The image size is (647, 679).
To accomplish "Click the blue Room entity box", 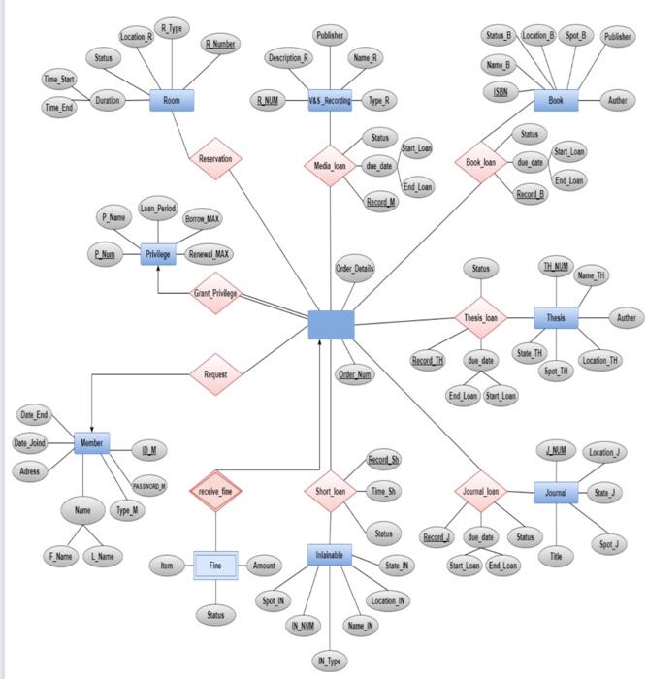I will point(172,100).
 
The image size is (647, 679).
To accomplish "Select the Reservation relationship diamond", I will point(215,158).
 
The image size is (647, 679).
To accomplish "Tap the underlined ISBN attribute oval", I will point(500,91).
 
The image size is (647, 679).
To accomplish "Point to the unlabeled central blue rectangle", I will point(331,325).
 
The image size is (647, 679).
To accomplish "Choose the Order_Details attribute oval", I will point(354,268).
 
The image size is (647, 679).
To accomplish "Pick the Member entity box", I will point(91,443).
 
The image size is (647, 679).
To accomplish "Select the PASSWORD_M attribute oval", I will point(149,486).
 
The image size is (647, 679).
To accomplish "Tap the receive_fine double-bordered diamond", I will point(214,492).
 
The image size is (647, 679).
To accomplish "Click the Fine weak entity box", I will point(215,565).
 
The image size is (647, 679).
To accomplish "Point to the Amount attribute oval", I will point(265,565).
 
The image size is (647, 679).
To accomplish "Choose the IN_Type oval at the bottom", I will point(329,661).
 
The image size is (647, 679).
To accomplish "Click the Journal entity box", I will point(555,493).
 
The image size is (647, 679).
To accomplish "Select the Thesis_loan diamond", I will point(480,317).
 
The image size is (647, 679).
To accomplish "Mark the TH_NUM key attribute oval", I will point(556,267).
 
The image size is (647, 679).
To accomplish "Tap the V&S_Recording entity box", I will point(330,100).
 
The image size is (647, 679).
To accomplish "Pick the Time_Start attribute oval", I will point(59,78).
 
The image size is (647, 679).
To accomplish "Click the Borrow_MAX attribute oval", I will point(202,219).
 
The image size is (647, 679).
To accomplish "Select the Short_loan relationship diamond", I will point(330,492).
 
